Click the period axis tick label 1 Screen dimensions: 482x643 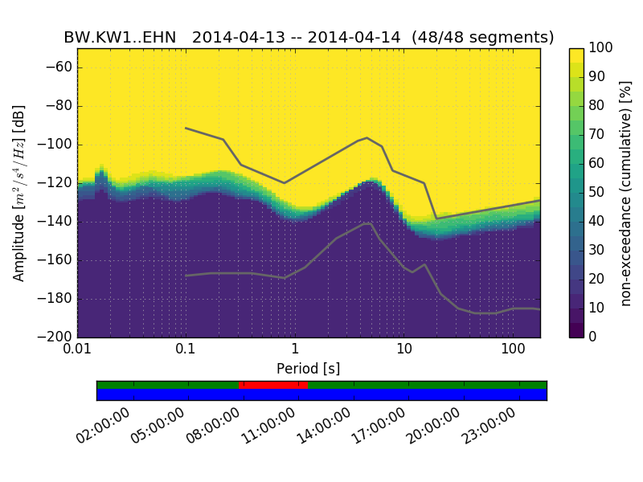(294, 350)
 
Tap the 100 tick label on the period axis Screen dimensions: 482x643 (513, 350)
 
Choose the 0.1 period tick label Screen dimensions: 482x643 (186, 350)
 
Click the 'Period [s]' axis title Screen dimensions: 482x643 (309, 369)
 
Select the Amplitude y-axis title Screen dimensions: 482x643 (19, 193)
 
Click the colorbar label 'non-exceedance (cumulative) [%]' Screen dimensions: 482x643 (626, 193)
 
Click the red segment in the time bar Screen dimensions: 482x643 (273, 385)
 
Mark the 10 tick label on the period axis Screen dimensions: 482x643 (403, 350)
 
